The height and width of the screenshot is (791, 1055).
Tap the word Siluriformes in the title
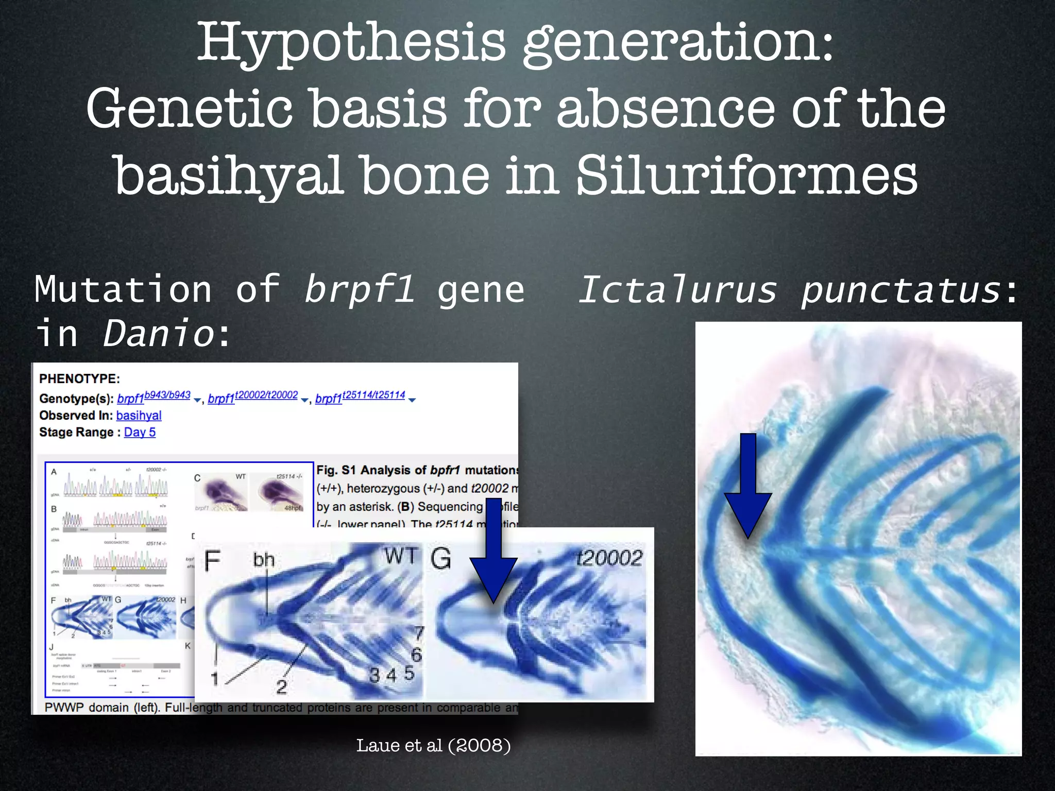[x=746, y=176]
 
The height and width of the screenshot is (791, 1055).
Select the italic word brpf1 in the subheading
[x=359, y=289]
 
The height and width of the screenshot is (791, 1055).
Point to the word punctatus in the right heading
[x=900, y=289]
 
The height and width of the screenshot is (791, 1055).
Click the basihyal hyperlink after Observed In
[x=139, y=416]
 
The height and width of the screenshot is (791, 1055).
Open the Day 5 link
[x=140, y=433]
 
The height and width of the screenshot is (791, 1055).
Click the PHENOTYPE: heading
[x=79, y=379]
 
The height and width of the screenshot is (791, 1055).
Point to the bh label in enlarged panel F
[x=264, y=560]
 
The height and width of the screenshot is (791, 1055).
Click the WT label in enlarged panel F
[x=400, y=557]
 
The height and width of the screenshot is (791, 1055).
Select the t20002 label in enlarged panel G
[x=609, y=558]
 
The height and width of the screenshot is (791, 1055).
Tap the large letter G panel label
[x=441, y=559]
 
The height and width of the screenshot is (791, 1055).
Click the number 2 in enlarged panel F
[x=281, y=686]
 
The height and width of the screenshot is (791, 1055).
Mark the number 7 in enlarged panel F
[x=419, y=632]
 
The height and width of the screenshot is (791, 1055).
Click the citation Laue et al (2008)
[x=433, y=745]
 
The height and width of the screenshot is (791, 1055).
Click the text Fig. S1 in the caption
[x=336, y=470]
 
